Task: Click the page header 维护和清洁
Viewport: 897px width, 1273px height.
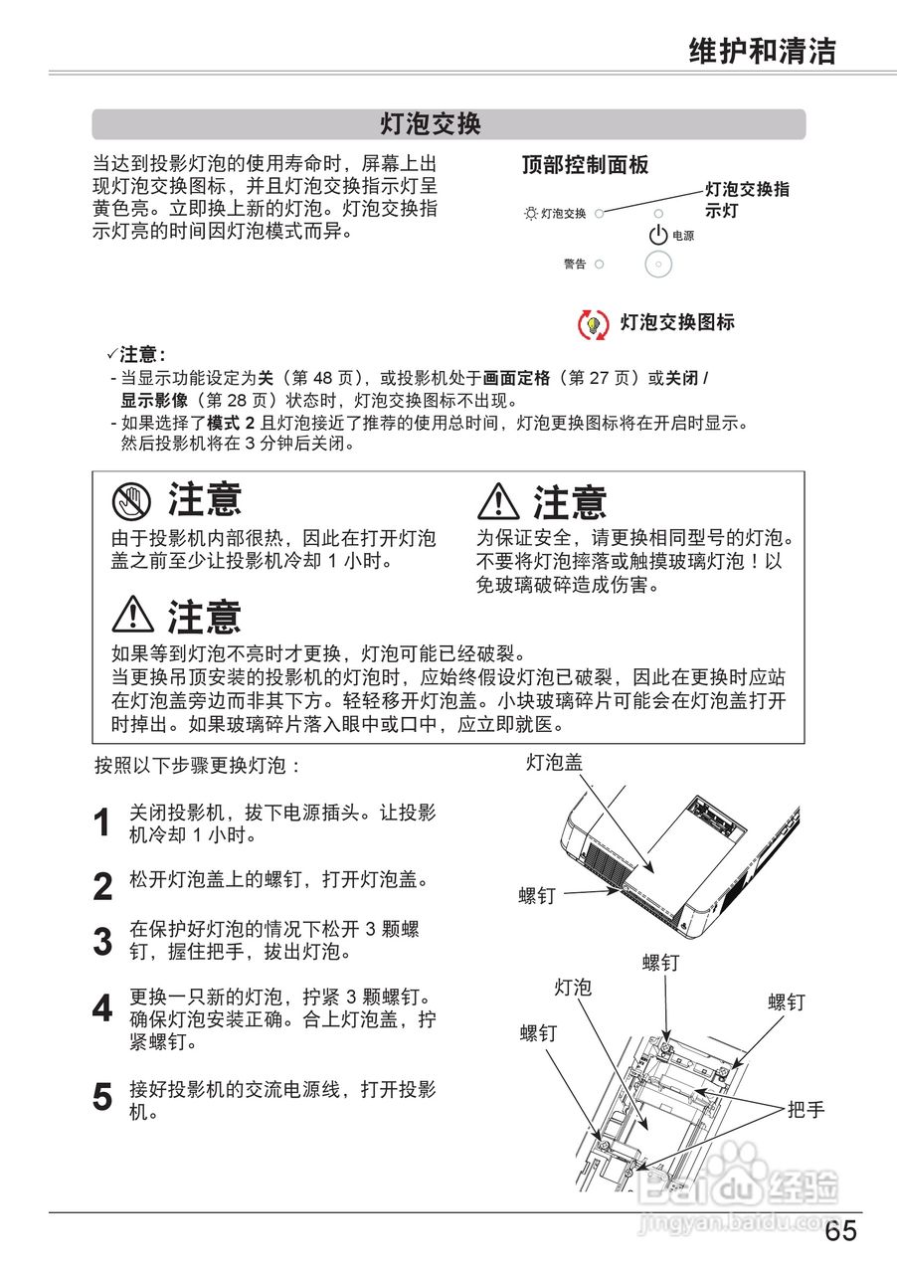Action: [763, 51]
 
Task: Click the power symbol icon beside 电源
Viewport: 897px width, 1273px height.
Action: [657, 236]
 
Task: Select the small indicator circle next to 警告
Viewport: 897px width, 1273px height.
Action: [600, 265]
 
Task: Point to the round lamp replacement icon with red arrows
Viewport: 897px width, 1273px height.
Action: [593, 324]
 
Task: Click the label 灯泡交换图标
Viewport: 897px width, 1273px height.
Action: [677, 322]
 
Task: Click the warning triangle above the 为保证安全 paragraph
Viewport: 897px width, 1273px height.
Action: [498, 501]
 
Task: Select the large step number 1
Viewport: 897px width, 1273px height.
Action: [102, 824]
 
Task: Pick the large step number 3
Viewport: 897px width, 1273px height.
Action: [102, 942]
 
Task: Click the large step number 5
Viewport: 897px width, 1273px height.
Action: [102, 1098]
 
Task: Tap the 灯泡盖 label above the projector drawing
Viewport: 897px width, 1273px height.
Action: [554, 763]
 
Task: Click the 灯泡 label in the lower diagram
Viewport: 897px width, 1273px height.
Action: [573, 987]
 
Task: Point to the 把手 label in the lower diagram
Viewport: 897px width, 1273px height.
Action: [806, 1109]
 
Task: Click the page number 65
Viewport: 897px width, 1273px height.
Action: [839, 1231]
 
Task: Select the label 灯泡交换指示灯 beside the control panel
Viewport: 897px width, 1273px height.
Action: [747, 199]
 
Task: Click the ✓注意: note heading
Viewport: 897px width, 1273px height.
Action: [136, 355]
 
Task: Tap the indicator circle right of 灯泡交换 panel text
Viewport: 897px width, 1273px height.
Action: [600, 213]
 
